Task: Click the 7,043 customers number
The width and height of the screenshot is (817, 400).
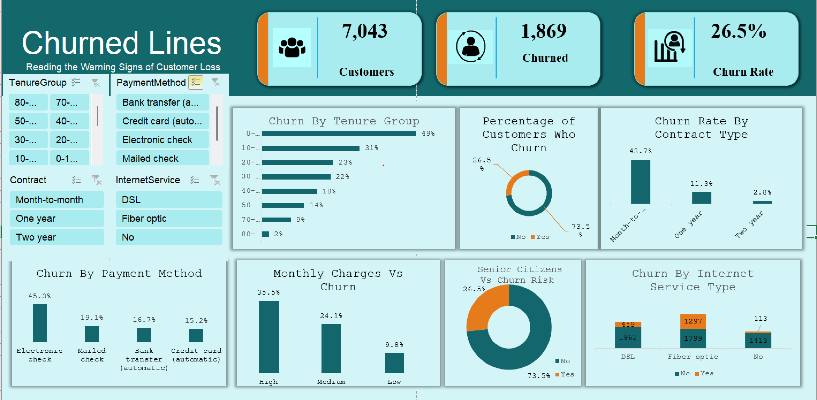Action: tap(364, 31)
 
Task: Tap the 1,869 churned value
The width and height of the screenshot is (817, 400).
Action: tap(543, 31)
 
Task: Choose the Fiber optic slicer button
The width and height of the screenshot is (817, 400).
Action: tap(169, 218)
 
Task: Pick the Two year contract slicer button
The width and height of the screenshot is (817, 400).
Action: tap(57, 237)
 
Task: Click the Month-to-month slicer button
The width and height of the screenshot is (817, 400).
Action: tap(57, 200)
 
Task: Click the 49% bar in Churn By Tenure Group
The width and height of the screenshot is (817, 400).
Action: tap(339, 134)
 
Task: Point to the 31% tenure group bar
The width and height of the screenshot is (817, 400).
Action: tap(311, 148)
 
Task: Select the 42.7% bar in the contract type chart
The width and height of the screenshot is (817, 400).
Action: tap(640, 182)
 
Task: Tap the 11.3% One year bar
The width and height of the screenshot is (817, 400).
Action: tap(701, 198)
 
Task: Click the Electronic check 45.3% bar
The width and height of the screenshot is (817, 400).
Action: tap(40, 323)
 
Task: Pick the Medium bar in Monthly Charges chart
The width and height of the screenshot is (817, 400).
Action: tap(331, 348)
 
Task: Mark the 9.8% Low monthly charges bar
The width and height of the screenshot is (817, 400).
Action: tap(394, 363)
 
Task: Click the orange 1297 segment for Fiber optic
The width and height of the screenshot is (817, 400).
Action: tap(693, 321)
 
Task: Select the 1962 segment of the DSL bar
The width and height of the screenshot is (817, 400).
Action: tap(628, 337)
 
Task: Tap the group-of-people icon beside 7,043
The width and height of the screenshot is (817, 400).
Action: tap(292, 48)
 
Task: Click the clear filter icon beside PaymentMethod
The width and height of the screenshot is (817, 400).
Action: tap(216, 83)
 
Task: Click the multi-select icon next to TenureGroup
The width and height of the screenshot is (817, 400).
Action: tap(76, 83)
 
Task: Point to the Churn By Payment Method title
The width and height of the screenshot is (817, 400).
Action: tap(119, 273)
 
